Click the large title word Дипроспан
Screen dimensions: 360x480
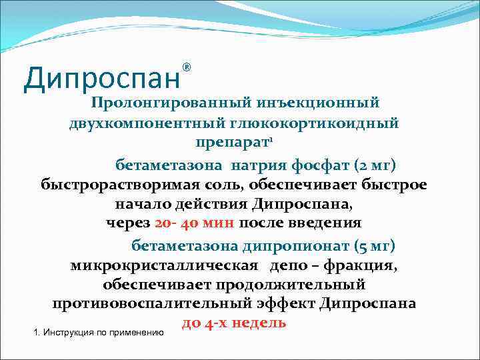(102, 78)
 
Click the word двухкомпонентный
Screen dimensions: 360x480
(156, 124)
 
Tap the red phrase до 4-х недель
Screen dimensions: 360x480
(234, 323)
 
